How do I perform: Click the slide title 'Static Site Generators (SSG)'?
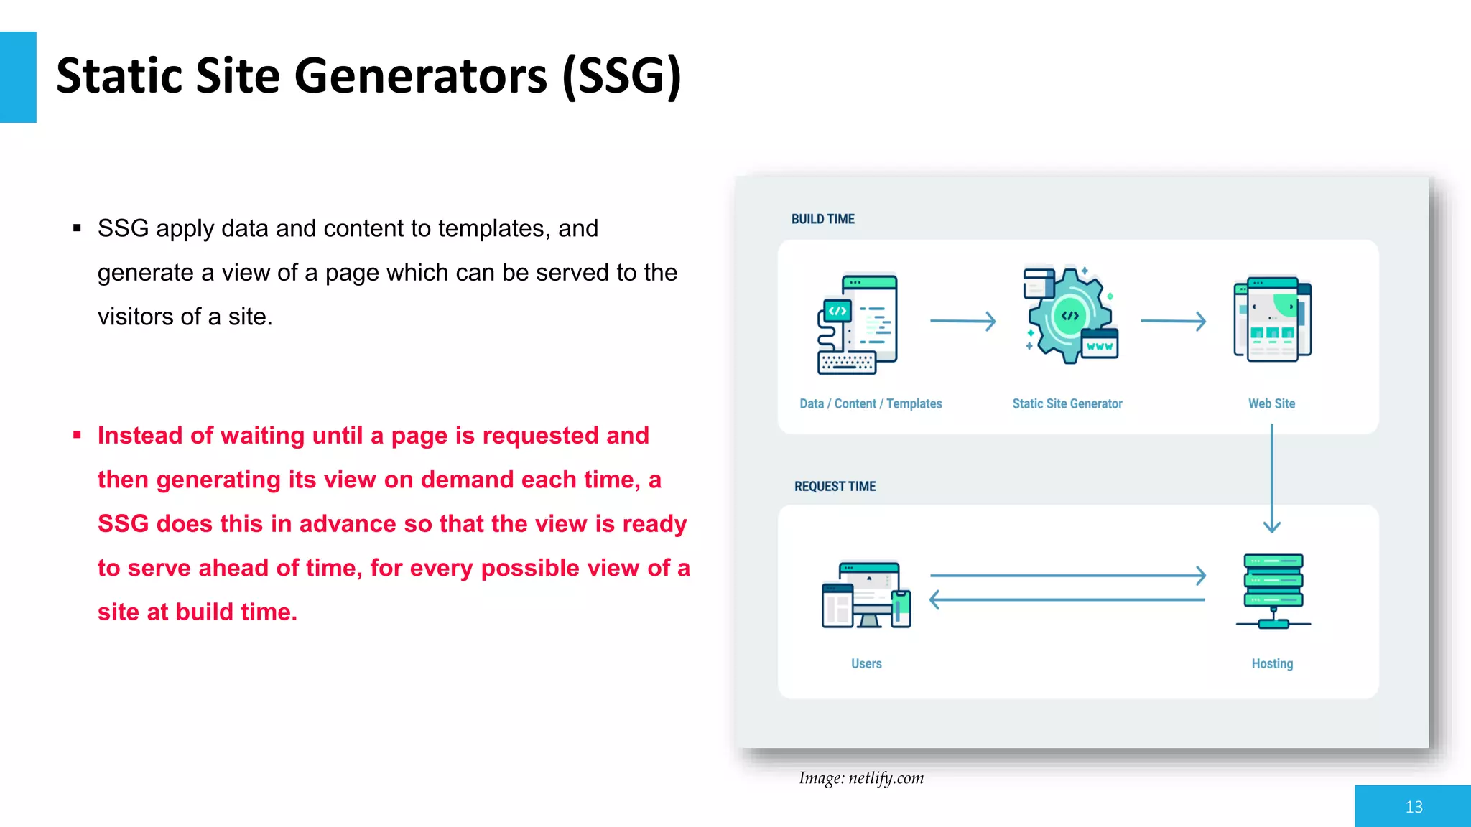(x=368, y=76)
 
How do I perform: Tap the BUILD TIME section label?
(x=822, y=219)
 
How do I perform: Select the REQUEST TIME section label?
(x=835, y=486)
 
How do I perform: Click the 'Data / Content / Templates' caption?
(x=871, y=403)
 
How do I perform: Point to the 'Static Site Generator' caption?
(x=1067, y=403)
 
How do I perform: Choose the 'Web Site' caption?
(x=1271, y=403)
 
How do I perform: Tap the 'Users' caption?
(x=866, y=663)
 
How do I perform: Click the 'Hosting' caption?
(x=1272, y=663)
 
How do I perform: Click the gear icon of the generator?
(x=1069, y=316)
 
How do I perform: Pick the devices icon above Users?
(x=867, y=594)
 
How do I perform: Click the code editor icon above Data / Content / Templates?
(x=858, y=324)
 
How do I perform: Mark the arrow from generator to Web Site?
(x=1173, y=321)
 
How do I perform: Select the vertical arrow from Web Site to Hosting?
(x=1272, y=477)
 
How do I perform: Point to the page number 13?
(x=1414, y=807)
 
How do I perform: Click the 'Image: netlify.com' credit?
(x=861, y=778)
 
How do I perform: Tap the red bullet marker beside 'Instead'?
(x=77, y=435)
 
